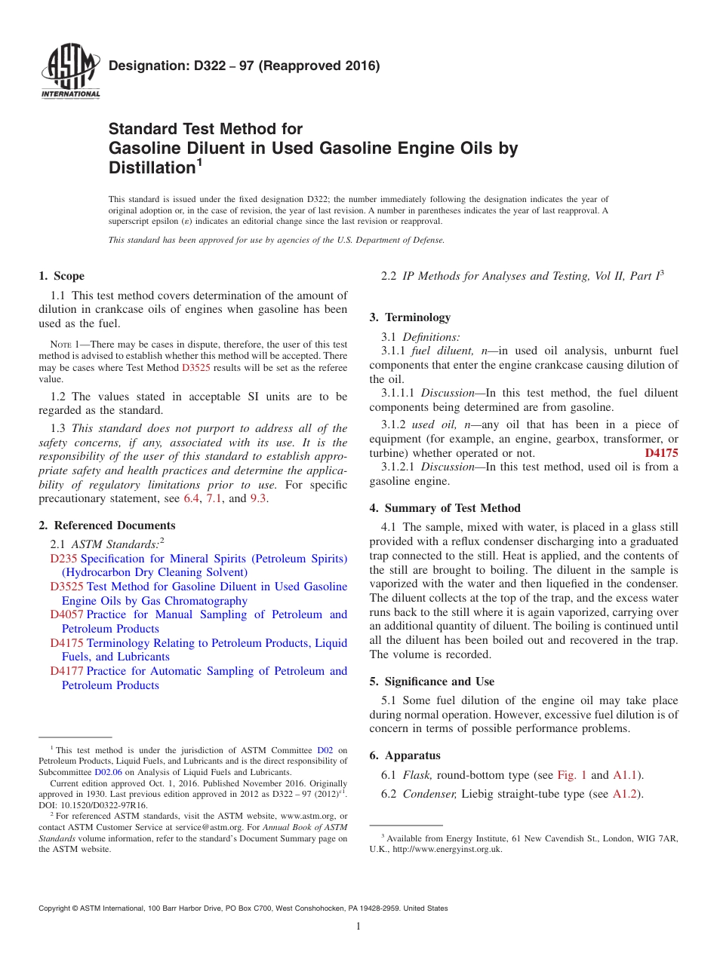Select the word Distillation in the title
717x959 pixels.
(152, 167)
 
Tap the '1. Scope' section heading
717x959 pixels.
(61, 276)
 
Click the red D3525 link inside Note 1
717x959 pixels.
(196, 368)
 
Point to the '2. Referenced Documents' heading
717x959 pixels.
(107, 525)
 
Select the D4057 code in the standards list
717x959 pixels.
(66, 615)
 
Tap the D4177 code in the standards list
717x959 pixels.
(66, 672)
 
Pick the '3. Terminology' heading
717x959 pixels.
(410, 317)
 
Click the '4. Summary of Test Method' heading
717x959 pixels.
(445, 508)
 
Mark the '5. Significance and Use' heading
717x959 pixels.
(432, 682)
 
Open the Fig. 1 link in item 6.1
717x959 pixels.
(571, 775)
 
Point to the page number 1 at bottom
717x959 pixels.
(358, 927)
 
